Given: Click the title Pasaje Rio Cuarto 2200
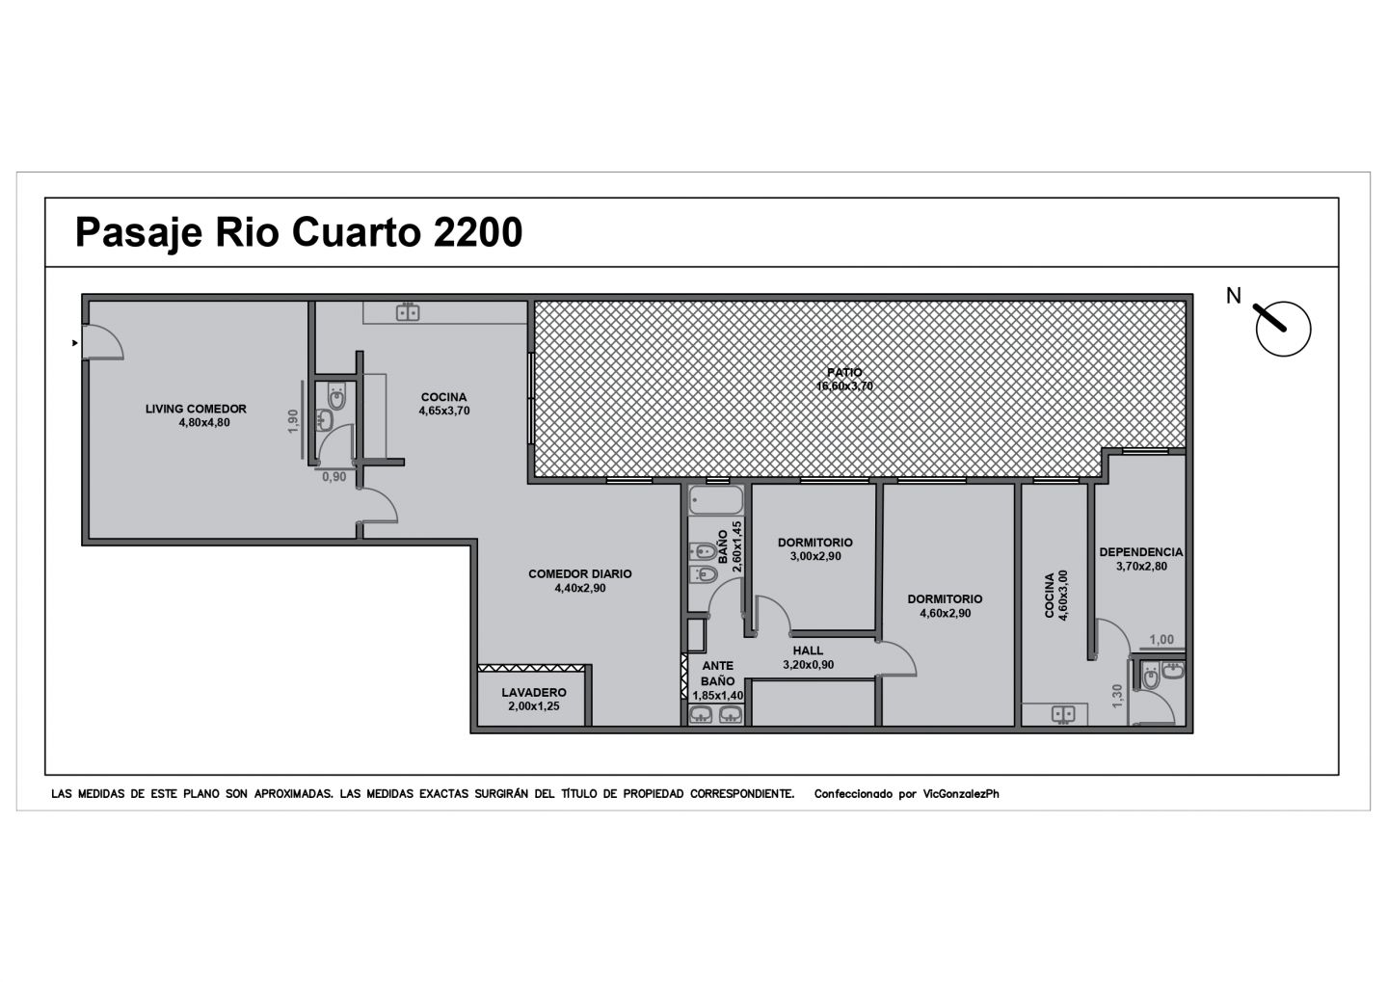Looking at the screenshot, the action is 299,233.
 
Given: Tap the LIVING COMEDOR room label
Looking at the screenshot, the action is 196,409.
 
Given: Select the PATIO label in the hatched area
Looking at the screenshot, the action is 844,372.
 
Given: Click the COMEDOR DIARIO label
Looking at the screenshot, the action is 580,574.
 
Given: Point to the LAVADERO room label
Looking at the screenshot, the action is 534,693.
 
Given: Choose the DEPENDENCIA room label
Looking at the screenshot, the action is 1141,552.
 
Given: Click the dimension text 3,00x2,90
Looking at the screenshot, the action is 815,556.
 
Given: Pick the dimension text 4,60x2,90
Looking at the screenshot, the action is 945,613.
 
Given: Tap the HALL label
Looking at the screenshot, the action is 808,650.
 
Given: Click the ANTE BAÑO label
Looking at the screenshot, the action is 717,674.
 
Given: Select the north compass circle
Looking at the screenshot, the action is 1283,329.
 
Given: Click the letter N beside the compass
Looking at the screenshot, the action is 1234,296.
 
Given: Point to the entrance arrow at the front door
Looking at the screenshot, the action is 75,343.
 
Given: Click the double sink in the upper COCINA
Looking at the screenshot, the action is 408,312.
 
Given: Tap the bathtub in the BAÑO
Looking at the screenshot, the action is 715,500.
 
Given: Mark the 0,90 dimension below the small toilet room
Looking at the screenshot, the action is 334,477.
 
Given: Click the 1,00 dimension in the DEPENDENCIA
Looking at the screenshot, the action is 1161,639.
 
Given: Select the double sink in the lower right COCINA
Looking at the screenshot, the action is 1063,715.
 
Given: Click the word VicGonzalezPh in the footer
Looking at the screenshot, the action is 960,794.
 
